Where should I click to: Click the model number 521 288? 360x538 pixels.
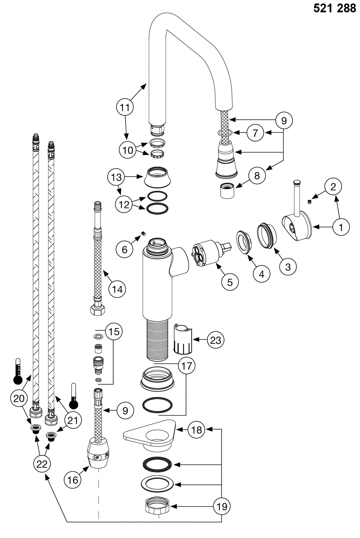(335, 9)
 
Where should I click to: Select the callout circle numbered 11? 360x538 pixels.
(125, 107)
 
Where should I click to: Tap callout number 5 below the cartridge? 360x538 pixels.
(230, 282)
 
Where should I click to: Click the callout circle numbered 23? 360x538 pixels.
(215, 340)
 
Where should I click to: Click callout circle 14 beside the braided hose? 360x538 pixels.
(117, 289)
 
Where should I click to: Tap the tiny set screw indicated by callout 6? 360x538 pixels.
(143, 233)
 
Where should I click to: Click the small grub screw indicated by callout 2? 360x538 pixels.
(309, 202)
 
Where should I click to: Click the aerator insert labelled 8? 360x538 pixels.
(228, 191)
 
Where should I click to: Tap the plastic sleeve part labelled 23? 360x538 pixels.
(183, 338)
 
